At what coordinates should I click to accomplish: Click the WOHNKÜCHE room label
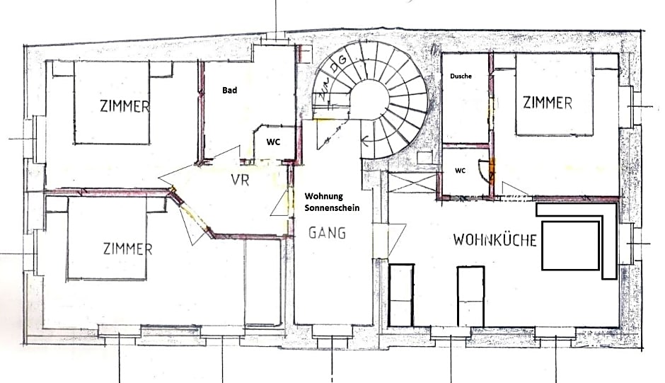(495, 239)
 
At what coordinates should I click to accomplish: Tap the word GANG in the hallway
(327, 233)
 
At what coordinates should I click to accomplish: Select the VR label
(241, 179)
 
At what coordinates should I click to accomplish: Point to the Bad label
(229, 91)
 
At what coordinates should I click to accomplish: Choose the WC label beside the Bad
(273, 142)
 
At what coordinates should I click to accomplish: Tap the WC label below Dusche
(460, 171)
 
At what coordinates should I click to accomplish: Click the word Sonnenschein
(332, 209)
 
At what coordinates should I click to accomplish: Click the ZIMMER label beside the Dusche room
(547, 103)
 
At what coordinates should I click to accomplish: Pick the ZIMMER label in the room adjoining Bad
(125, 107)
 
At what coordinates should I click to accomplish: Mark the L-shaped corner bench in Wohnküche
(608, 241)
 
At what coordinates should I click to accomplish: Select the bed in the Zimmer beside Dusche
(553, 95)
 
